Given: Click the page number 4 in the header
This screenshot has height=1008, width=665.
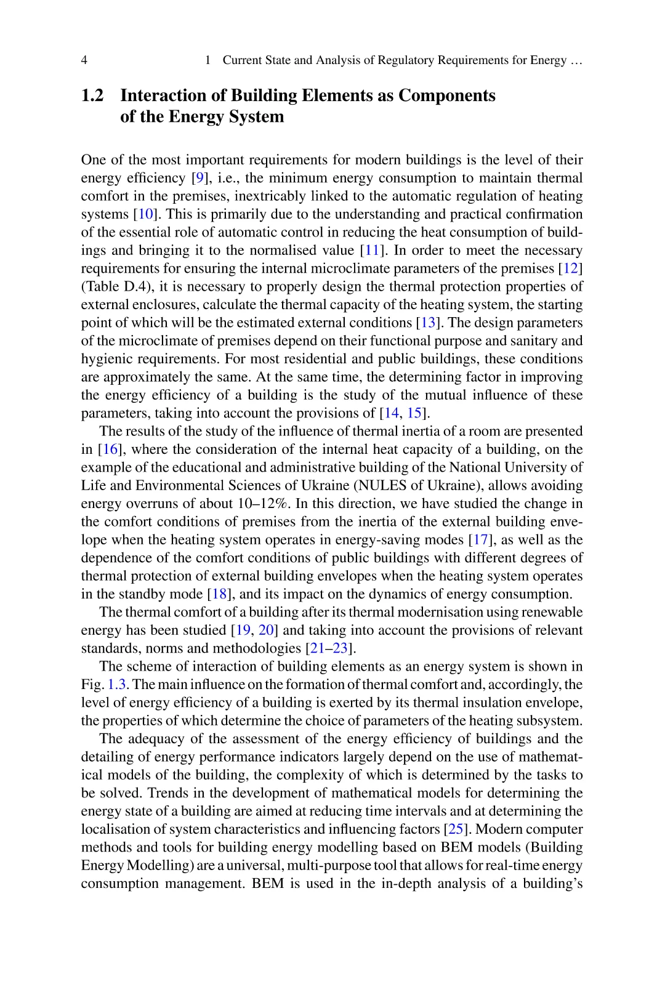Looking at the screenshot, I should pyautogui.click(x=84, y=60).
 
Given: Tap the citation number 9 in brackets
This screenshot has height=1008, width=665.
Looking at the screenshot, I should pyautogui.click(x=198, y=179).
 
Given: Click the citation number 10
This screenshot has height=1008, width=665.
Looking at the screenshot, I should pyautogui.click(x=145, y=215).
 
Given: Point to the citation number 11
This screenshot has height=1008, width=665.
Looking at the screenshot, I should pyautogui.click(x=371, y=251).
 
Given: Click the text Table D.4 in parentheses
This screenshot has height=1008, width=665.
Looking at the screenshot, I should pyautogui.click(x=106, y=287).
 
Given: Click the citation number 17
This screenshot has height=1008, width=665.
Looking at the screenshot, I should pyautogui.click(x=479, y=540).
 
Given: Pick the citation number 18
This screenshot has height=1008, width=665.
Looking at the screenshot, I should pyautogui.click(x=219, y=594).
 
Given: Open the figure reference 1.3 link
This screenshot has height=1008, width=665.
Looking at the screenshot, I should pyautogui.click(x=116, y=685).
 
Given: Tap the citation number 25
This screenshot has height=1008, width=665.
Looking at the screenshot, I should pyautogui.click(x=455, y=829).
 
